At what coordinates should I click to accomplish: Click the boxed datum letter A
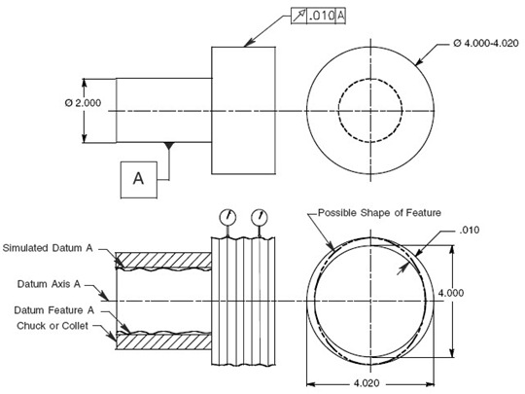pyautogui.click(x=138, y=178)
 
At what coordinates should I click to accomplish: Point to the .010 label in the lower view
pyautogui.click(x=471, y=231)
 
